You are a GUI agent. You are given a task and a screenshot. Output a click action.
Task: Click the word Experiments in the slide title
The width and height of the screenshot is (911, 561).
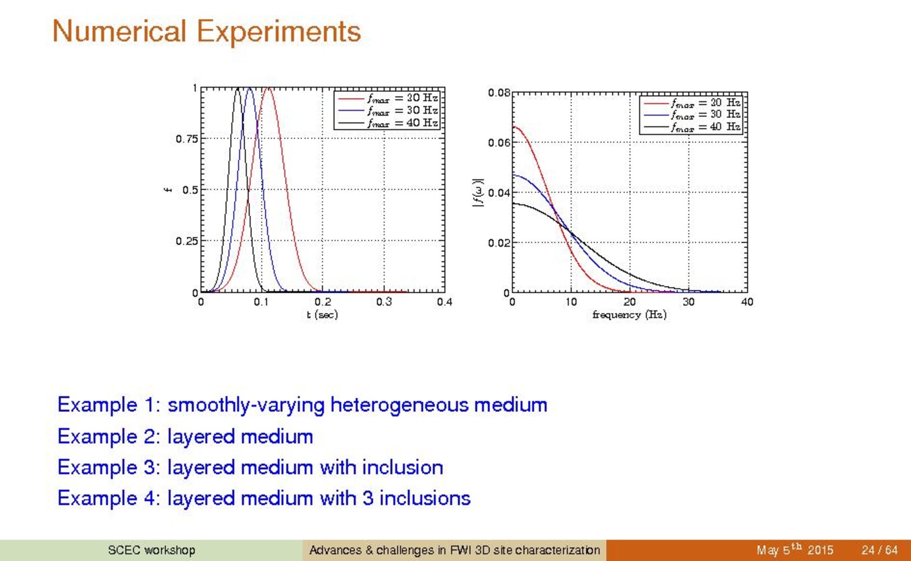(x=279, y=31)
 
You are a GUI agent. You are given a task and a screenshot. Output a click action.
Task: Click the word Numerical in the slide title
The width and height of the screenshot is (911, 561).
(x=119, y=31)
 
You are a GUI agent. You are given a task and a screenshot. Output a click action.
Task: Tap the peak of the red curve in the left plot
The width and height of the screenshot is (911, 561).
(x=268, y=87)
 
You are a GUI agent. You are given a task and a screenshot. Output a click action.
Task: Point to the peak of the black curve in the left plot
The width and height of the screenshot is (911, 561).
(x=238, y=88)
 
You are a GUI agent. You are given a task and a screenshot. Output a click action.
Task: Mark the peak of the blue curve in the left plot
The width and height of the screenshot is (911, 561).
(x=250, y=88)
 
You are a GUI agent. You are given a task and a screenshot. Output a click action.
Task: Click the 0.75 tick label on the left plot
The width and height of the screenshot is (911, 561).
(x=187, y=139)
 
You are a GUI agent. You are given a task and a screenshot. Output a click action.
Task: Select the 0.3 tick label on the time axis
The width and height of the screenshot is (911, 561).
(x=384, y=302)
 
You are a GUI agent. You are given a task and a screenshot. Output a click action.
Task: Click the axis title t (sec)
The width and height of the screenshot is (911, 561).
(x=322, y=314)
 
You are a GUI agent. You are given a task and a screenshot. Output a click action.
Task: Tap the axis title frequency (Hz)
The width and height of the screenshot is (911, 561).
(x=630, y=314)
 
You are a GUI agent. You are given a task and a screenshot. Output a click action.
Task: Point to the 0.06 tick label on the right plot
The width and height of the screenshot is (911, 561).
(x=499, y=143)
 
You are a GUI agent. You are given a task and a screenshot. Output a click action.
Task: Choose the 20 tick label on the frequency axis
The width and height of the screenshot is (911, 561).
(x=630, y=302)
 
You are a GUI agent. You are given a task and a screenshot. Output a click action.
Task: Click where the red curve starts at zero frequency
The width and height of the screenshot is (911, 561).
(x=513, y=127)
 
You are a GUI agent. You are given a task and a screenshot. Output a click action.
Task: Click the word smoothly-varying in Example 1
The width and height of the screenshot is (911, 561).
(x=246, y=406)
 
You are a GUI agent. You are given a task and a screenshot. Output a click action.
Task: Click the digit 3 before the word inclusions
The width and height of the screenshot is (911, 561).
(x=367, y=498)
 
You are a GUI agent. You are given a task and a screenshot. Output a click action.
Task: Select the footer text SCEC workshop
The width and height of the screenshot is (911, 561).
(x=152, y=550)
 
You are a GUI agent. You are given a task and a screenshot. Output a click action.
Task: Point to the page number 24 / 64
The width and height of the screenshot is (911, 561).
(x=879, y=550)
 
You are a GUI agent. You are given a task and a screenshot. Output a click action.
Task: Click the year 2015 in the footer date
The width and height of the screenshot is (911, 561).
(x=820, y=550)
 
